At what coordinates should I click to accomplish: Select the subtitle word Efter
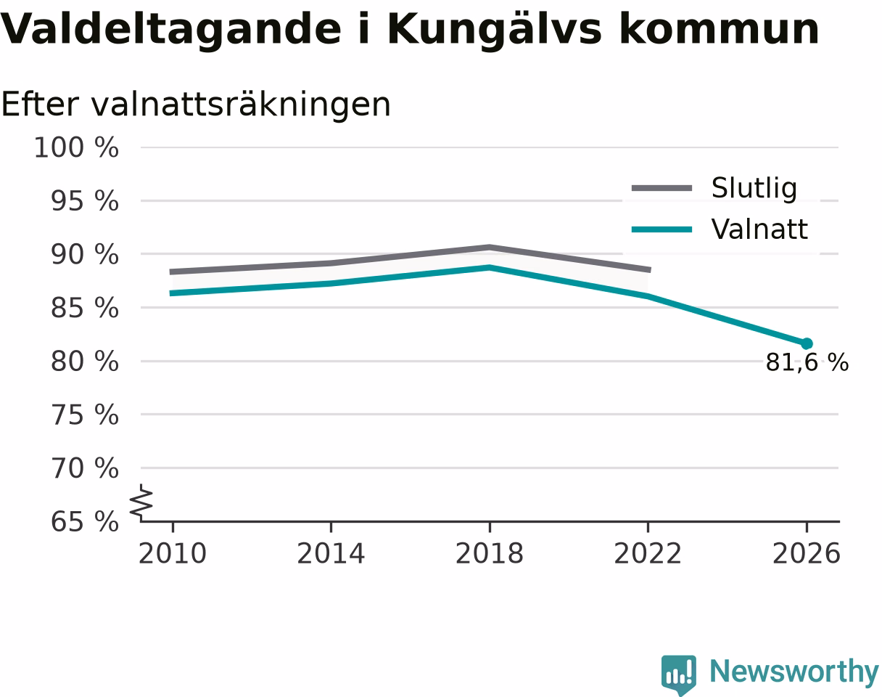[x=40, y=105]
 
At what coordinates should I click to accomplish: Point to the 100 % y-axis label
[x=76, y=147]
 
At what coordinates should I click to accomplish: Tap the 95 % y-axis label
[x=84, y=201]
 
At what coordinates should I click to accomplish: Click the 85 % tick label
[x=84, y=308]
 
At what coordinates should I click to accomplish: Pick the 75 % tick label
[x=84, y=415]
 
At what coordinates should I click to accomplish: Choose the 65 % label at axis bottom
[x=84, y=522]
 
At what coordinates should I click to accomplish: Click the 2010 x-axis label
[x=173, y=554]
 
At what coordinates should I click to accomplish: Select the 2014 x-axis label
[x=331, y=554]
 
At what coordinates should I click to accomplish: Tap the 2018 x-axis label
[x=490, y=554]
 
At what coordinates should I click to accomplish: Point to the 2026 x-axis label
[x=806, y=554]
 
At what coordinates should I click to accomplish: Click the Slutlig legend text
[x=754, y=189]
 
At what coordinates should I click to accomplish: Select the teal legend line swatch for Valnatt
[x=661, y=229]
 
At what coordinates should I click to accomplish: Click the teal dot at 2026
[x=807, y=343]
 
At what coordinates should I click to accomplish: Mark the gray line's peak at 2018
[x=490, y=248]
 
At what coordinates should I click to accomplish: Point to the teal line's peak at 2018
[x=490, y=267]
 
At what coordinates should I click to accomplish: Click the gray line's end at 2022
[x=650, y=270]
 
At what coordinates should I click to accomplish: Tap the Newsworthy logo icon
[x=679, y=674]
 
